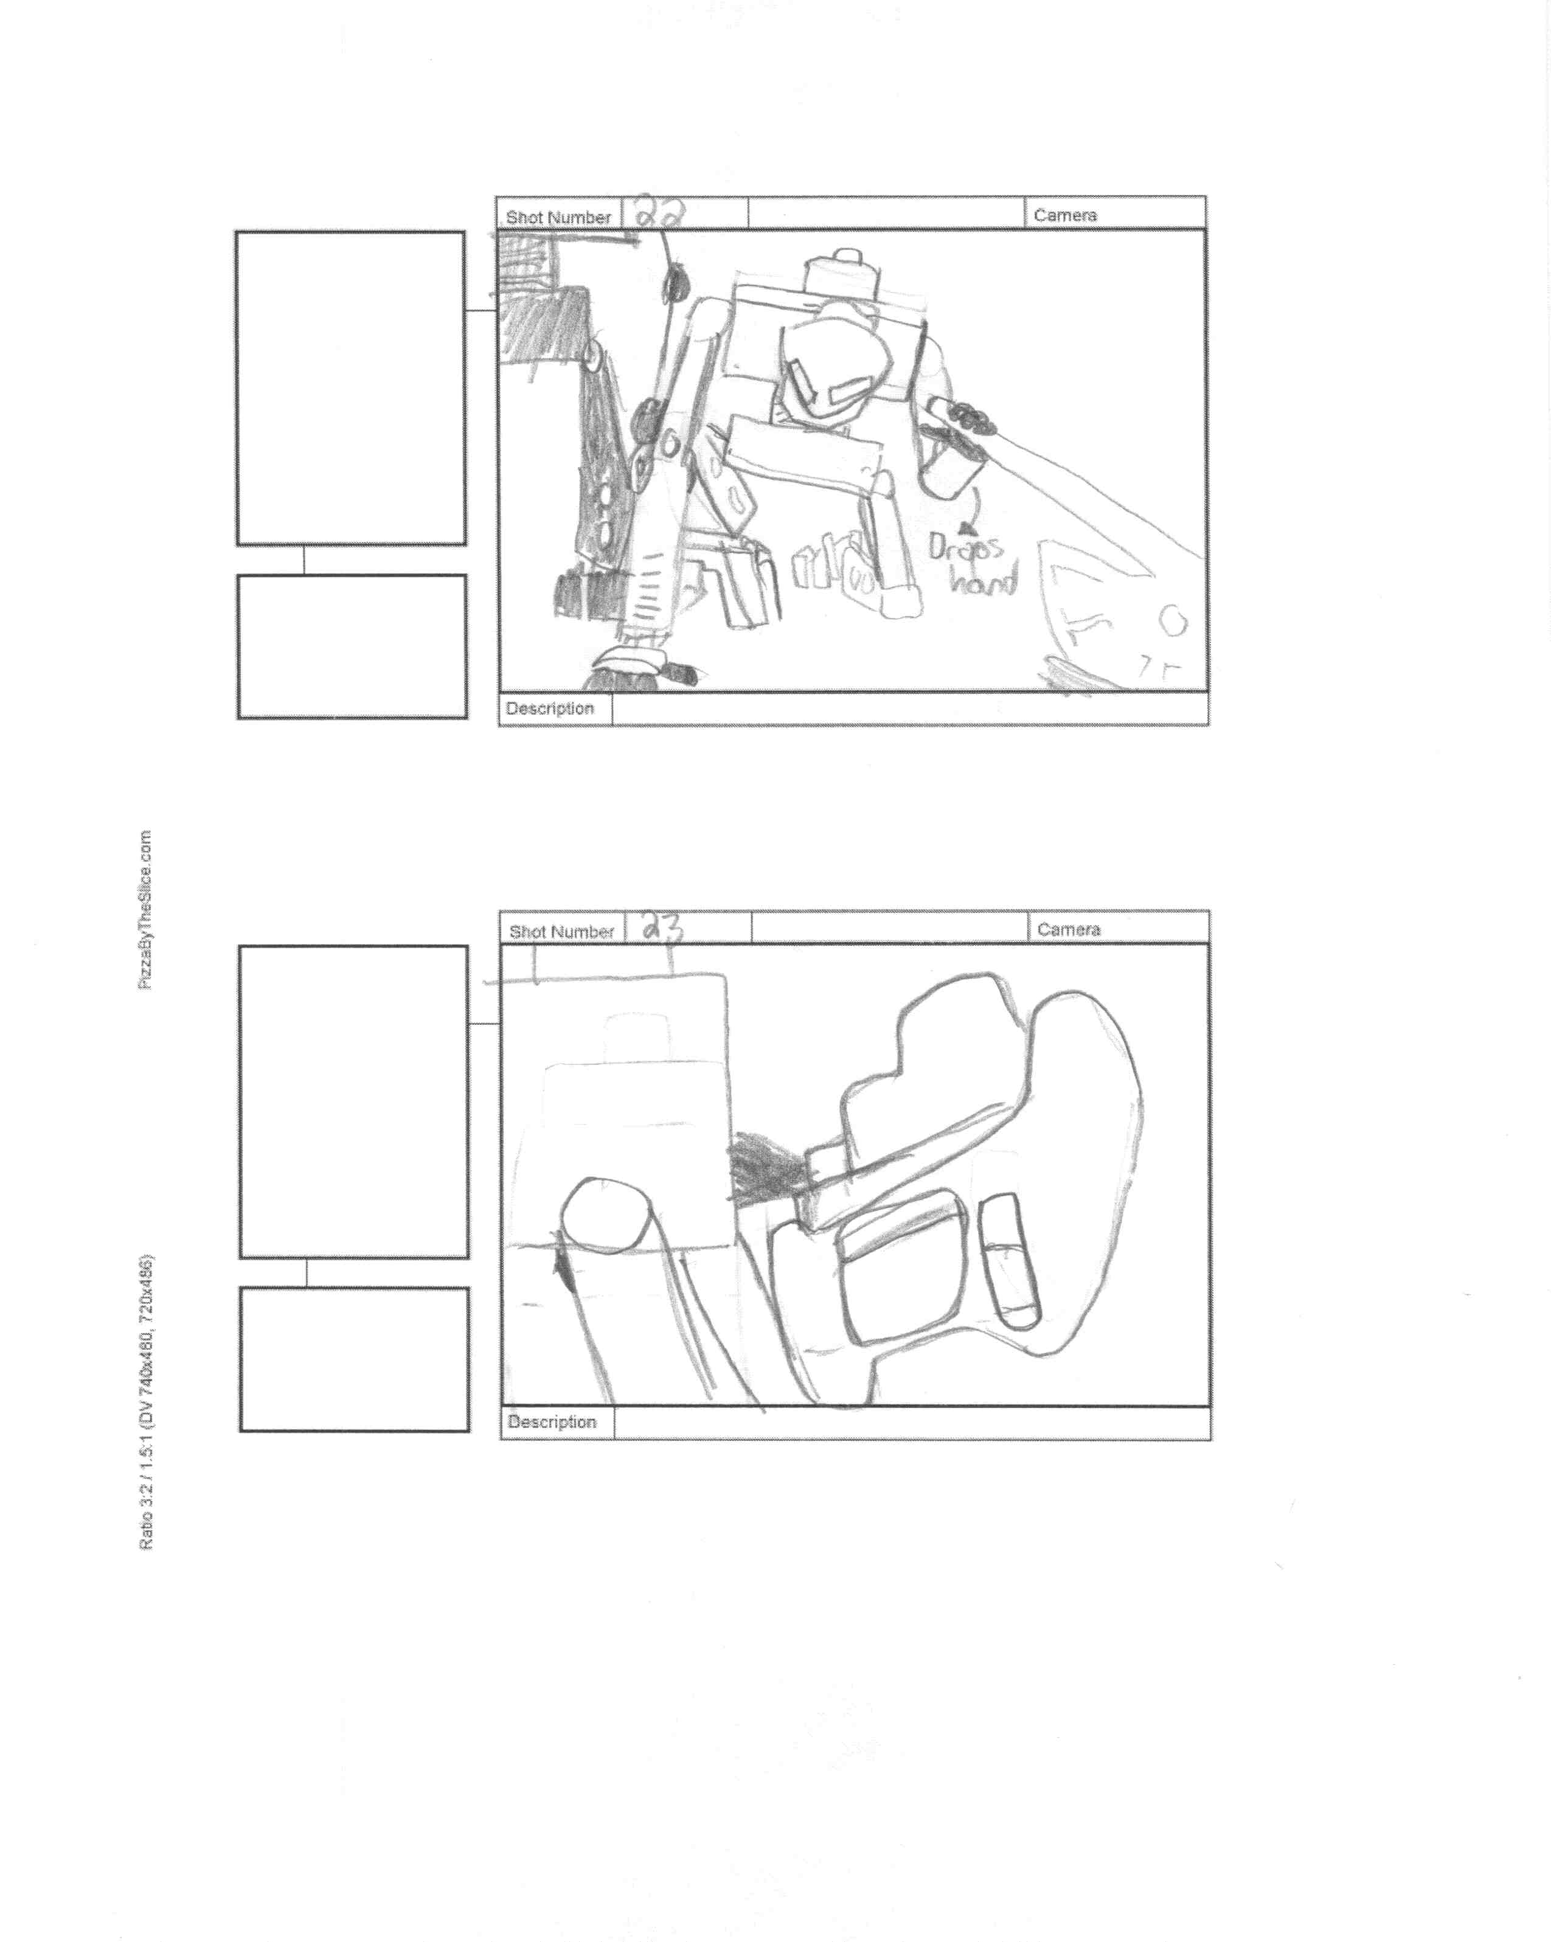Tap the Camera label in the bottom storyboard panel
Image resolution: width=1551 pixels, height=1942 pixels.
[x=1068, y=929]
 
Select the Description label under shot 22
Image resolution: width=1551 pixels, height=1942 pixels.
[x=549, y=708]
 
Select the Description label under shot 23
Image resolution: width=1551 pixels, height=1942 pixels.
[x=551, y=1421]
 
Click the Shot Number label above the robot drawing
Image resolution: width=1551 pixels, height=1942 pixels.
[x=558, y=217]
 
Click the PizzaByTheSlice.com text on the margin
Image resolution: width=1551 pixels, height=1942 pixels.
[x=145, y=910]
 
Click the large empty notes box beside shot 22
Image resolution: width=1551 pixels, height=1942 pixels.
[x=350, y=387]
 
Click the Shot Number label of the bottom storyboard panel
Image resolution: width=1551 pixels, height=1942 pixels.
[x=561, y=931]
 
